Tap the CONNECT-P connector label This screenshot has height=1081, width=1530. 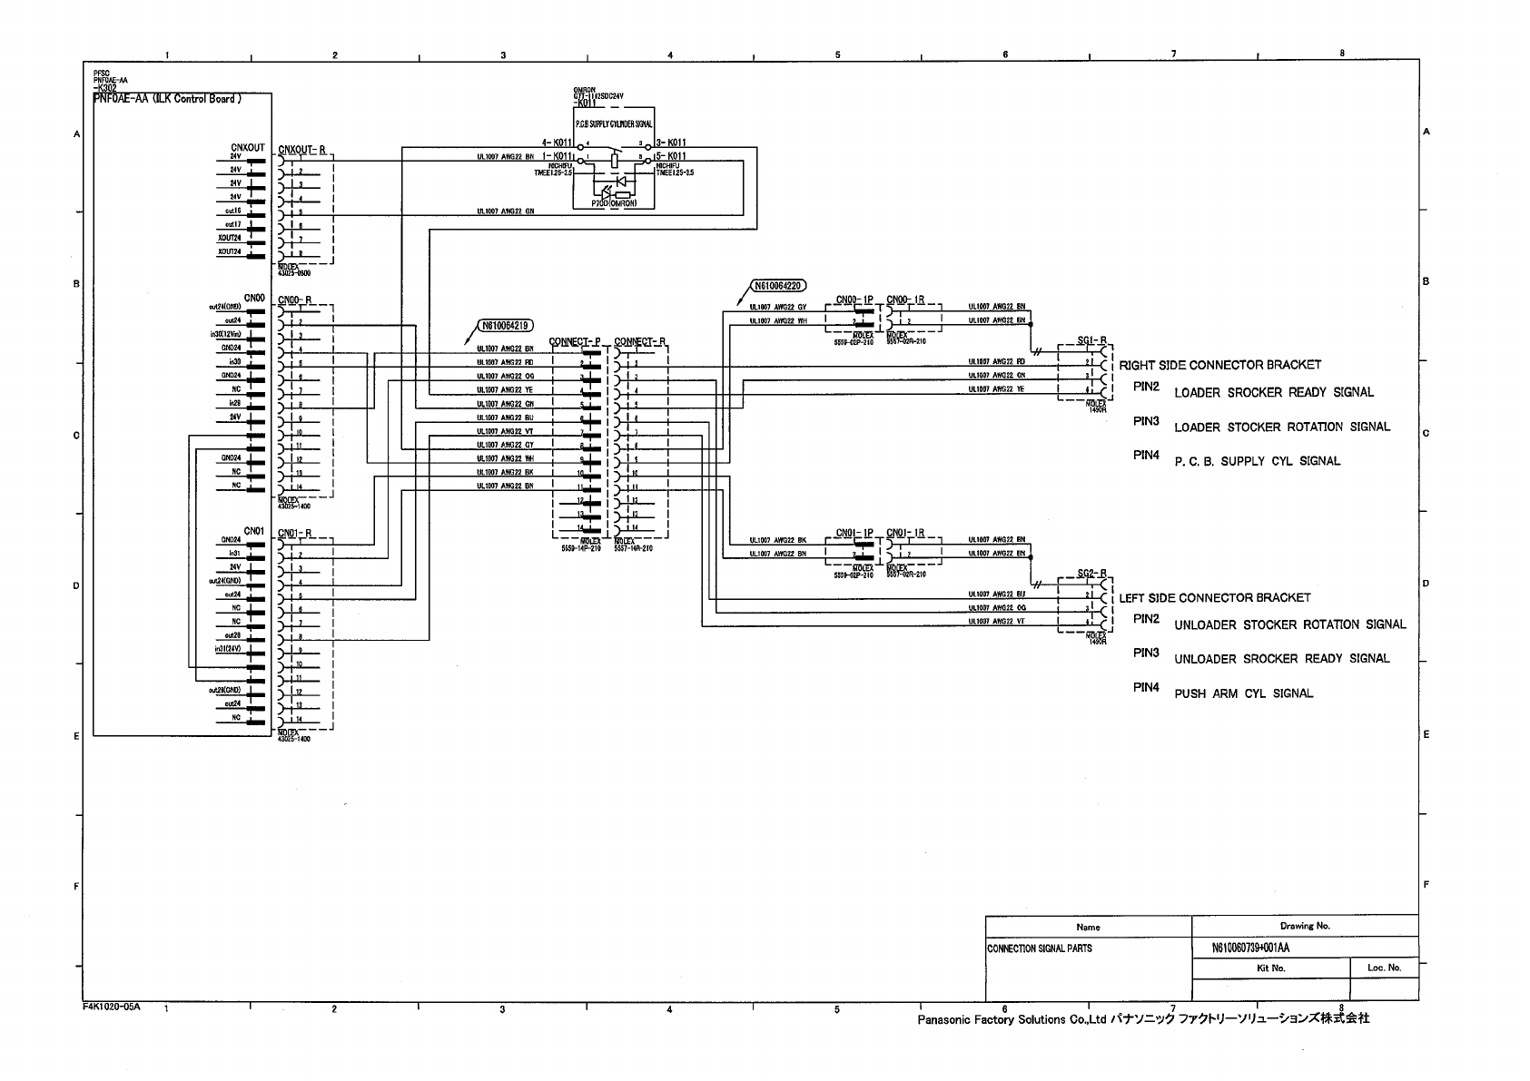point(575,342)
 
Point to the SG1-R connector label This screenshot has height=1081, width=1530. point(1091,340)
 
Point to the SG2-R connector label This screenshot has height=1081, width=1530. point(1091,573)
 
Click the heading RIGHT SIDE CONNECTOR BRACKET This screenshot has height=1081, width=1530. point(1219,365)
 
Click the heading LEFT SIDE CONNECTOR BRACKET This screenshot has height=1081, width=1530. point(1214,597)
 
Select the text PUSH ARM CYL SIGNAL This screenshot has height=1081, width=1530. point(1243,693)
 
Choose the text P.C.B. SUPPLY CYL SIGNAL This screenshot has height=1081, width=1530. point(1257,461)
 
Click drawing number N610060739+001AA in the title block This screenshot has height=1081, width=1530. point(1250,948)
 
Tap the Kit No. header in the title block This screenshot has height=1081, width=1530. point(1270,968)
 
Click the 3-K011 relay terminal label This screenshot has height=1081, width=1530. point(671,142)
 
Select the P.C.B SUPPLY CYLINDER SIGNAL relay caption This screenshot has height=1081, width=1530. point(614,124)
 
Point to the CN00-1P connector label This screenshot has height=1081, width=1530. point(854,300)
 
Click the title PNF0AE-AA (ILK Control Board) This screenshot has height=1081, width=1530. point(168,99)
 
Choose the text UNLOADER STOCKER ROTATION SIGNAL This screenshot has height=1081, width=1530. point(1289,624)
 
